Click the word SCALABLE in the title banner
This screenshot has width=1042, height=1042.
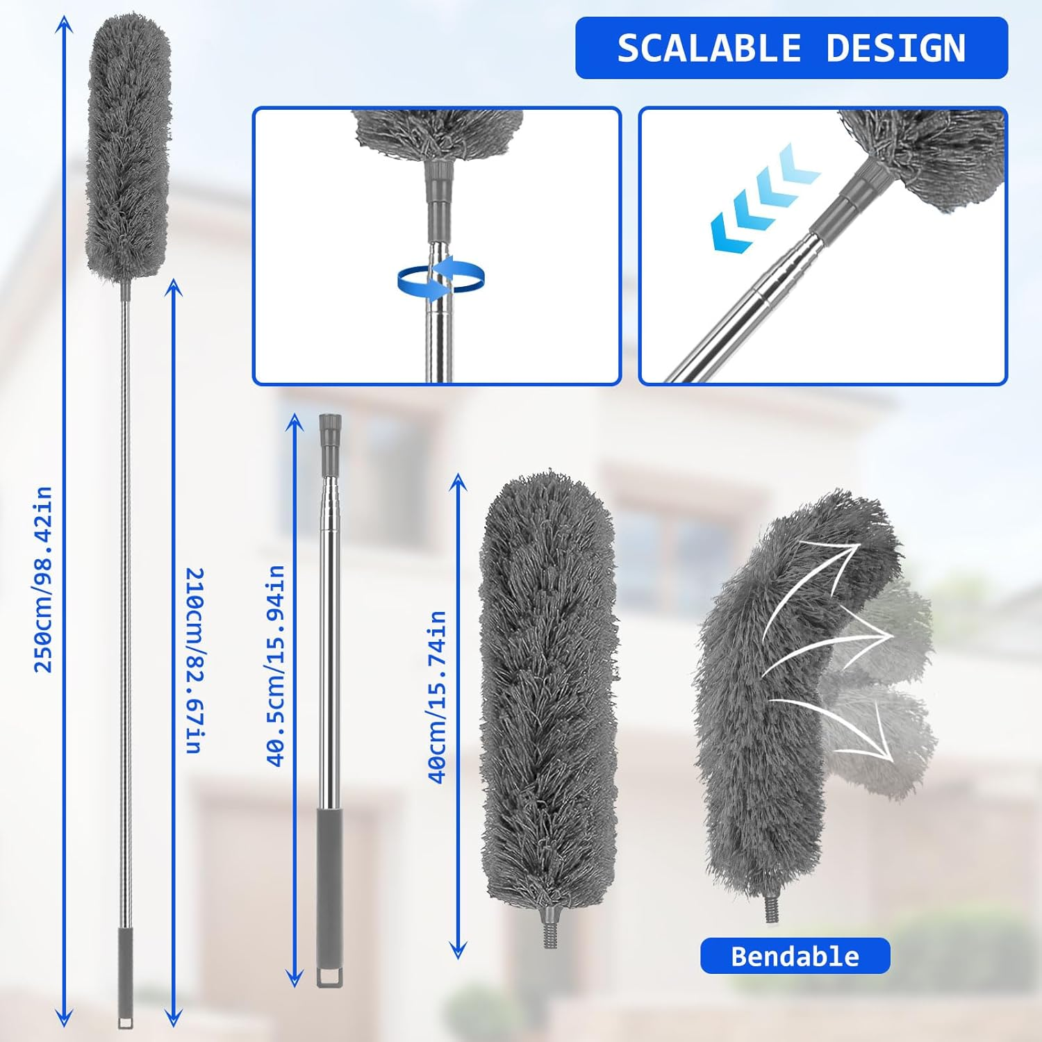point(709,49)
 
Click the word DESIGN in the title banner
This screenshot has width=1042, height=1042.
point(896,49)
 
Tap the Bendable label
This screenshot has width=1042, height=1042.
point(795,957)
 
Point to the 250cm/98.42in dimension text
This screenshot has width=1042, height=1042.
point(44,580)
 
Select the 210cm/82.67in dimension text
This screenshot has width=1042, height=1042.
point(195,660)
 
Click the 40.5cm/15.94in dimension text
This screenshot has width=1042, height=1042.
point(276,665)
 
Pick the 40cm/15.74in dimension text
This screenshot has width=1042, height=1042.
point(437,697)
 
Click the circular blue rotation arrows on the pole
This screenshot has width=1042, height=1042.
point(440,278)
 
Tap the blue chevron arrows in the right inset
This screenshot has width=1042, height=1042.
point(764,198)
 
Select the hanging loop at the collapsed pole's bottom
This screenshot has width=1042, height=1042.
point(329,975)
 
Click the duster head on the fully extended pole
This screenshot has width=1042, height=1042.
point(129,146)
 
